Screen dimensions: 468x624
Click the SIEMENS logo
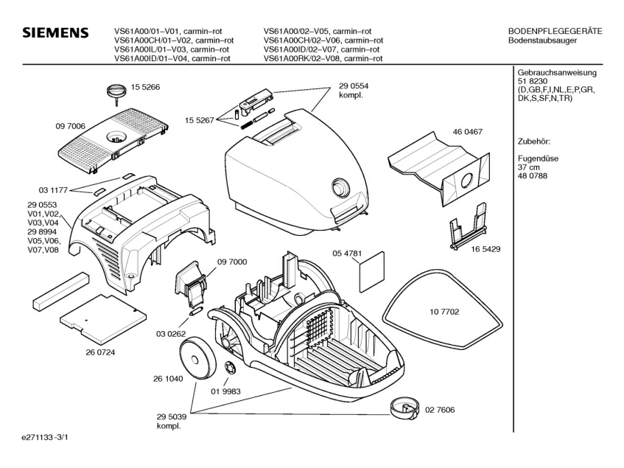tap(55, 34)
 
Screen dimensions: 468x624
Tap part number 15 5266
tap(146, 87)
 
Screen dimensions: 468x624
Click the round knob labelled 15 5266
tap(115, 91)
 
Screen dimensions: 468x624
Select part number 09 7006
tap(71, 127)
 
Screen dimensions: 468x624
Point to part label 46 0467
tap(467, 132)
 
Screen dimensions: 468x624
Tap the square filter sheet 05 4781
tap(371, 270)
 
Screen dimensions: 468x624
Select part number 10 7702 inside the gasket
tap(444, 312)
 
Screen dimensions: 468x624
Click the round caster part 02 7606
tap(402, 406)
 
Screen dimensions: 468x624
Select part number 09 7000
tap(231, 262)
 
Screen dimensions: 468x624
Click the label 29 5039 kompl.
tap(173, 421)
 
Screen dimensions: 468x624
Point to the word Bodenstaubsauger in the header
tap(543, 41)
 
